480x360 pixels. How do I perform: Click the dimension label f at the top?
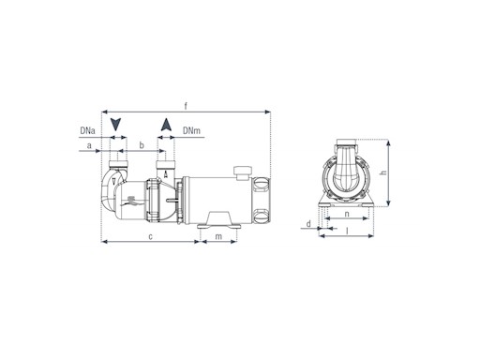tap(186, 106)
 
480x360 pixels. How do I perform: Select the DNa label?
tap(87, 130)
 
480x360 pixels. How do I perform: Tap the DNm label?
tap(191, 130)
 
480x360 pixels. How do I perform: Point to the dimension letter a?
tap(89, 145)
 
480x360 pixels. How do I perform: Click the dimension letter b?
tap(142, 145)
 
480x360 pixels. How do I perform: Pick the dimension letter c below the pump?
tap(150, 236)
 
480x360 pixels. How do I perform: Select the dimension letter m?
tap(218, 236)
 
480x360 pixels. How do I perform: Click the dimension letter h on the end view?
tap(383, 172)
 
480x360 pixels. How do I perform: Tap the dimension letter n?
tap(347, 215)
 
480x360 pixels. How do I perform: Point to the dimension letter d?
tap(308, 224)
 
